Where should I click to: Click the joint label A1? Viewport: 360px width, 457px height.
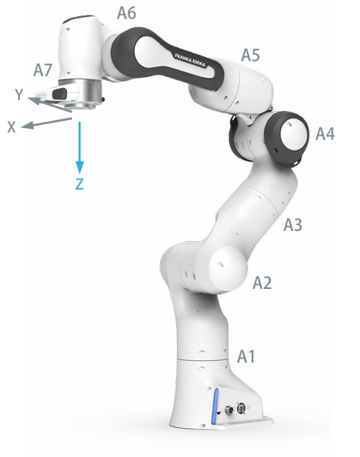[246, 356]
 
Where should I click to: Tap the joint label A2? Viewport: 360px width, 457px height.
[262, 282]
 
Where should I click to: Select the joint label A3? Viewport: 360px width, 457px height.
[293, 224]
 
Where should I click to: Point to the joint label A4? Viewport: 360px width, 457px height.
[325, 134]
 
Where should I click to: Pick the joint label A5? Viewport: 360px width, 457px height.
[251, 55]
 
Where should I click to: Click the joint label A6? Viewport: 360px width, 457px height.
[127, 13]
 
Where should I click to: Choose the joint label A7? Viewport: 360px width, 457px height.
[42, 70]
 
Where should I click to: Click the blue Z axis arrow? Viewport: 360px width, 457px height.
[79, 147]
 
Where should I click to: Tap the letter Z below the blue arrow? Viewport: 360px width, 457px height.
[79, 184]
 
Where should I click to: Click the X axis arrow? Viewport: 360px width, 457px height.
[46, 123]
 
